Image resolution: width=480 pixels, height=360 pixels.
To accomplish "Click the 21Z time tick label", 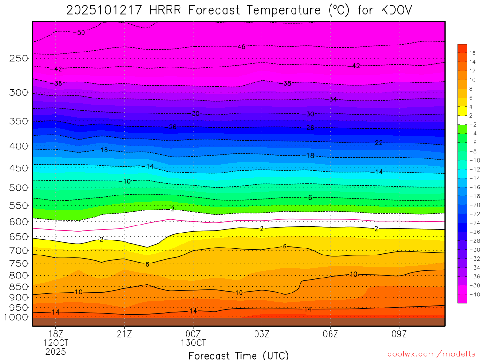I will [124, 334].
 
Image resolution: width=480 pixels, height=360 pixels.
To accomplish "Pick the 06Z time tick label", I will [330, 334].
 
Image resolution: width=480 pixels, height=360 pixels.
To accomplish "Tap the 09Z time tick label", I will [399, 334].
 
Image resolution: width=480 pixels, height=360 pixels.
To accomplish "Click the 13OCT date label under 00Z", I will [193, 343].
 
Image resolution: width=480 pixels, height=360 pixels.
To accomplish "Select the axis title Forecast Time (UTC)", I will [239, 355].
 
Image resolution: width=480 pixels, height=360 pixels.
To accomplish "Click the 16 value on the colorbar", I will [472, 53].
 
